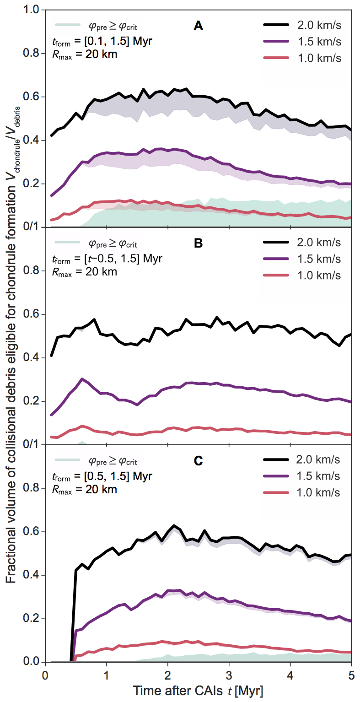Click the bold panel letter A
[198, 27]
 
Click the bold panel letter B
[198, 244]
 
